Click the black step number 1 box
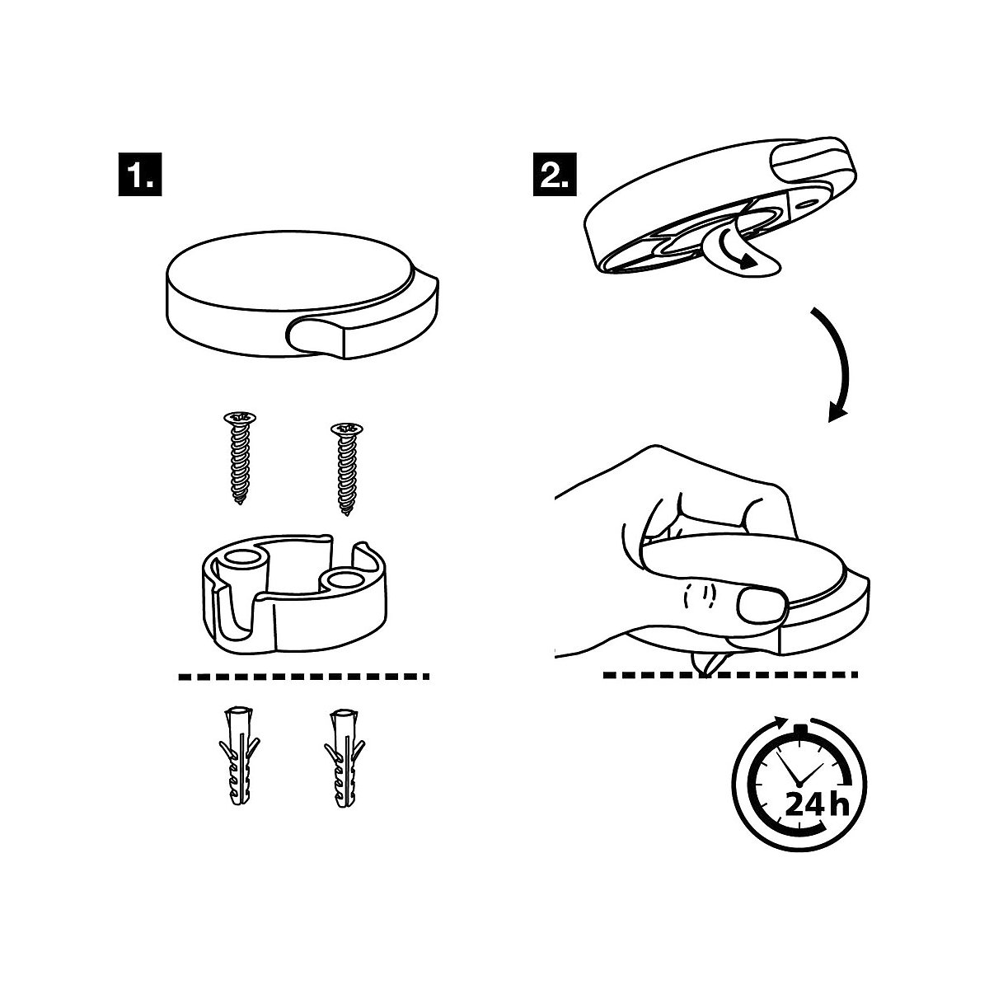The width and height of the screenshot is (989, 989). click(x=140, y=174)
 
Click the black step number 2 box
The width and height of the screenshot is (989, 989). click(x=555, y=174)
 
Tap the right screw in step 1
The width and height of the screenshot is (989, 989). click(x=346, y=469)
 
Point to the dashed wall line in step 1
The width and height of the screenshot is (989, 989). click(x=304, y=677)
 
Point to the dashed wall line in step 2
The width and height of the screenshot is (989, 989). click(x=730, y=674)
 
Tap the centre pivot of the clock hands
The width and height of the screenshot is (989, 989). click(x=799, y=785)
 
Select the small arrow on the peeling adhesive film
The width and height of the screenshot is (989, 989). click(x=737, y=251)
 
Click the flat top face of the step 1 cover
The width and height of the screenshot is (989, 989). click(x=290, y=270)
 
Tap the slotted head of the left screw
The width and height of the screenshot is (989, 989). click(x=240, y=417)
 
